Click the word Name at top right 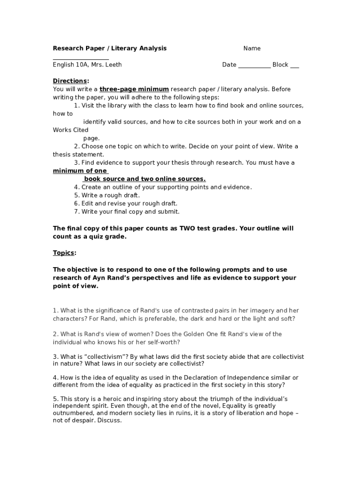(252, 49)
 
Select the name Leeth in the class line (113, 65)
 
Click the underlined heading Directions (70, 81)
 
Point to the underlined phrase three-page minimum (134, 89)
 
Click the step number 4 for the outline (76, 187)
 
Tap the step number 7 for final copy (76, 211)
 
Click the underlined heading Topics (64, 253)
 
